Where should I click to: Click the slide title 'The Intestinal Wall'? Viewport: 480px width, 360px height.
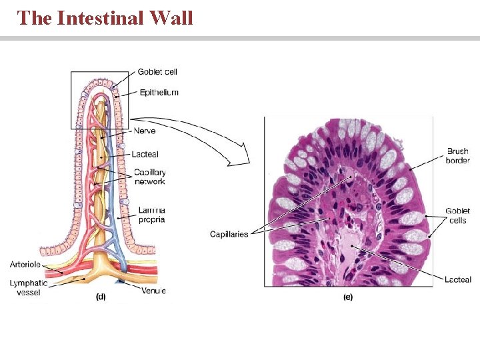105,17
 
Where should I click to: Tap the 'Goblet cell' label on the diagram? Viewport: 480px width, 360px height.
157,72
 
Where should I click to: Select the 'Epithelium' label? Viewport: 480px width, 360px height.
159,93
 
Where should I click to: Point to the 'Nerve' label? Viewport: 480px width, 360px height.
145,131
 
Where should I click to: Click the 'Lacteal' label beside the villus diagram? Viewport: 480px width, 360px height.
145,155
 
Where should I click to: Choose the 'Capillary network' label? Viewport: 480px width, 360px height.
149,177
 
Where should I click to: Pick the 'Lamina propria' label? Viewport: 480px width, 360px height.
151,215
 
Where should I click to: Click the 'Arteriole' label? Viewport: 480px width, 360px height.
25,265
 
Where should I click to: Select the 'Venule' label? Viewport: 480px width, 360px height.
153,290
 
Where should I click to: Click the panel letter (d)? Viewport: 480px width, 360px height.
101,297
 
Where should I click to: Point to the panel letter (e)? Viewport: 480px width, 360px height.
348,297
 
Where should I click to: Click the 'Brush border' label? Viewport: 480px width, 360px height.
458,156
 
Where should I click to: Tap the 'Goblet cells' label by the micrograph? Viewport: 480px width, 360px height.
459,215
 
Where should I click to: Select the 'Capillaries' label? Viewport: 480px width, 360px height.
229,234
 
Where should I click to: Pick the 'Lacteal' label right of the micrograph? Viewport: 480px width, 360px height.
458,279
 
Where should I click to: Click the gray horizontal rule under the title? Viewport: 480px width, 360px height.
240,39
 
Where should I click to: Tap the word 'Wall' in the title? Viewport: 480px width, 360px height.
171,17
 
